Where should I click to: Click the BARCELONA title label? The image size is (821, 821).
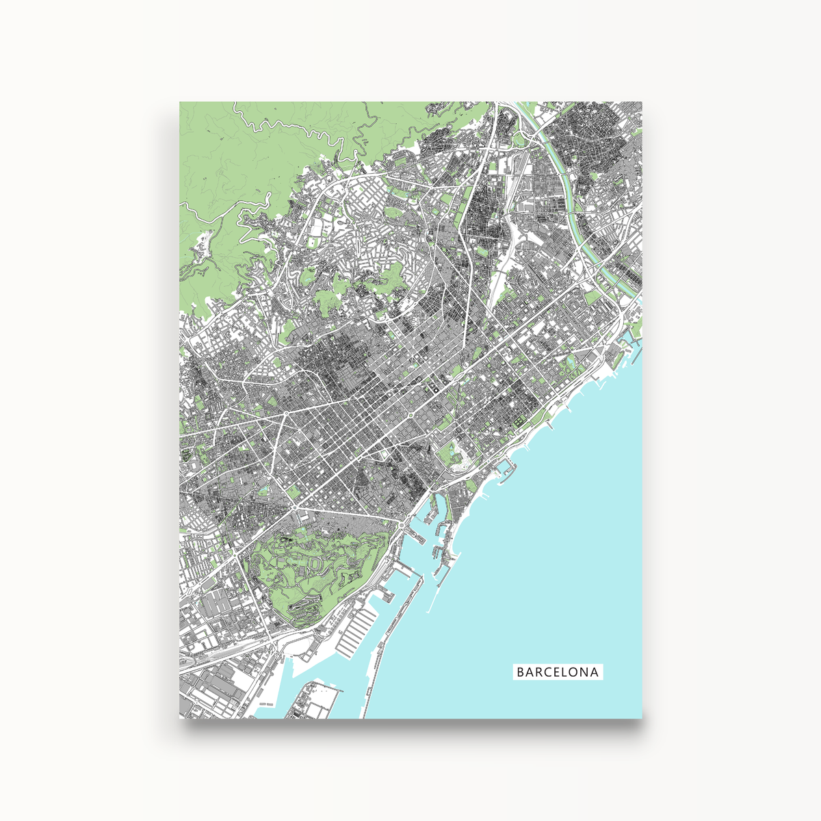click(558, 672)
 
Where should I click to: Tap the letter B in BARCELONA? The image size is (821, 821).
click(521, 672)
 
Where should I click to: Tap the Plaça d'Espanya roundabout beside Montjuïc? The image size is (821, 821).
click(295, 508)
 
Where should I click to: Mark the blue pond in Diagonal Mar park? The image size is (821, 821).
click(570, 361)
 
